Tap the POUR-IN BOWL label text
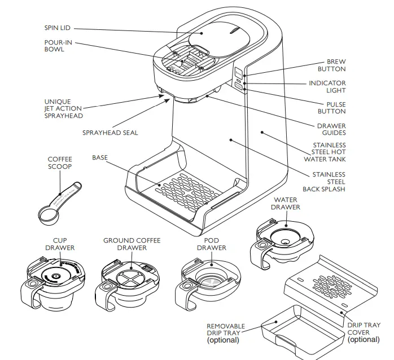click(x=57, y=46)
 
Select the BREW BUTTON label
click(x=331, y=65)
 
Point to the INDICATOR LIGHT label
click(x=327, y=87)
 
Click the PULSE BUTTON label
click(x=331, y=108)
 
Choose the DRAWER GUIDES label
click(x=331, y=129)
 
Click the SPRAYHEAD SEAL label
click(x=110, y=133)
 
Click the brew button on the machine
click(x=239, y=73)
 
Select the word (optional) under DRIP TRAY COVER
click(x=364, y=340)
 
